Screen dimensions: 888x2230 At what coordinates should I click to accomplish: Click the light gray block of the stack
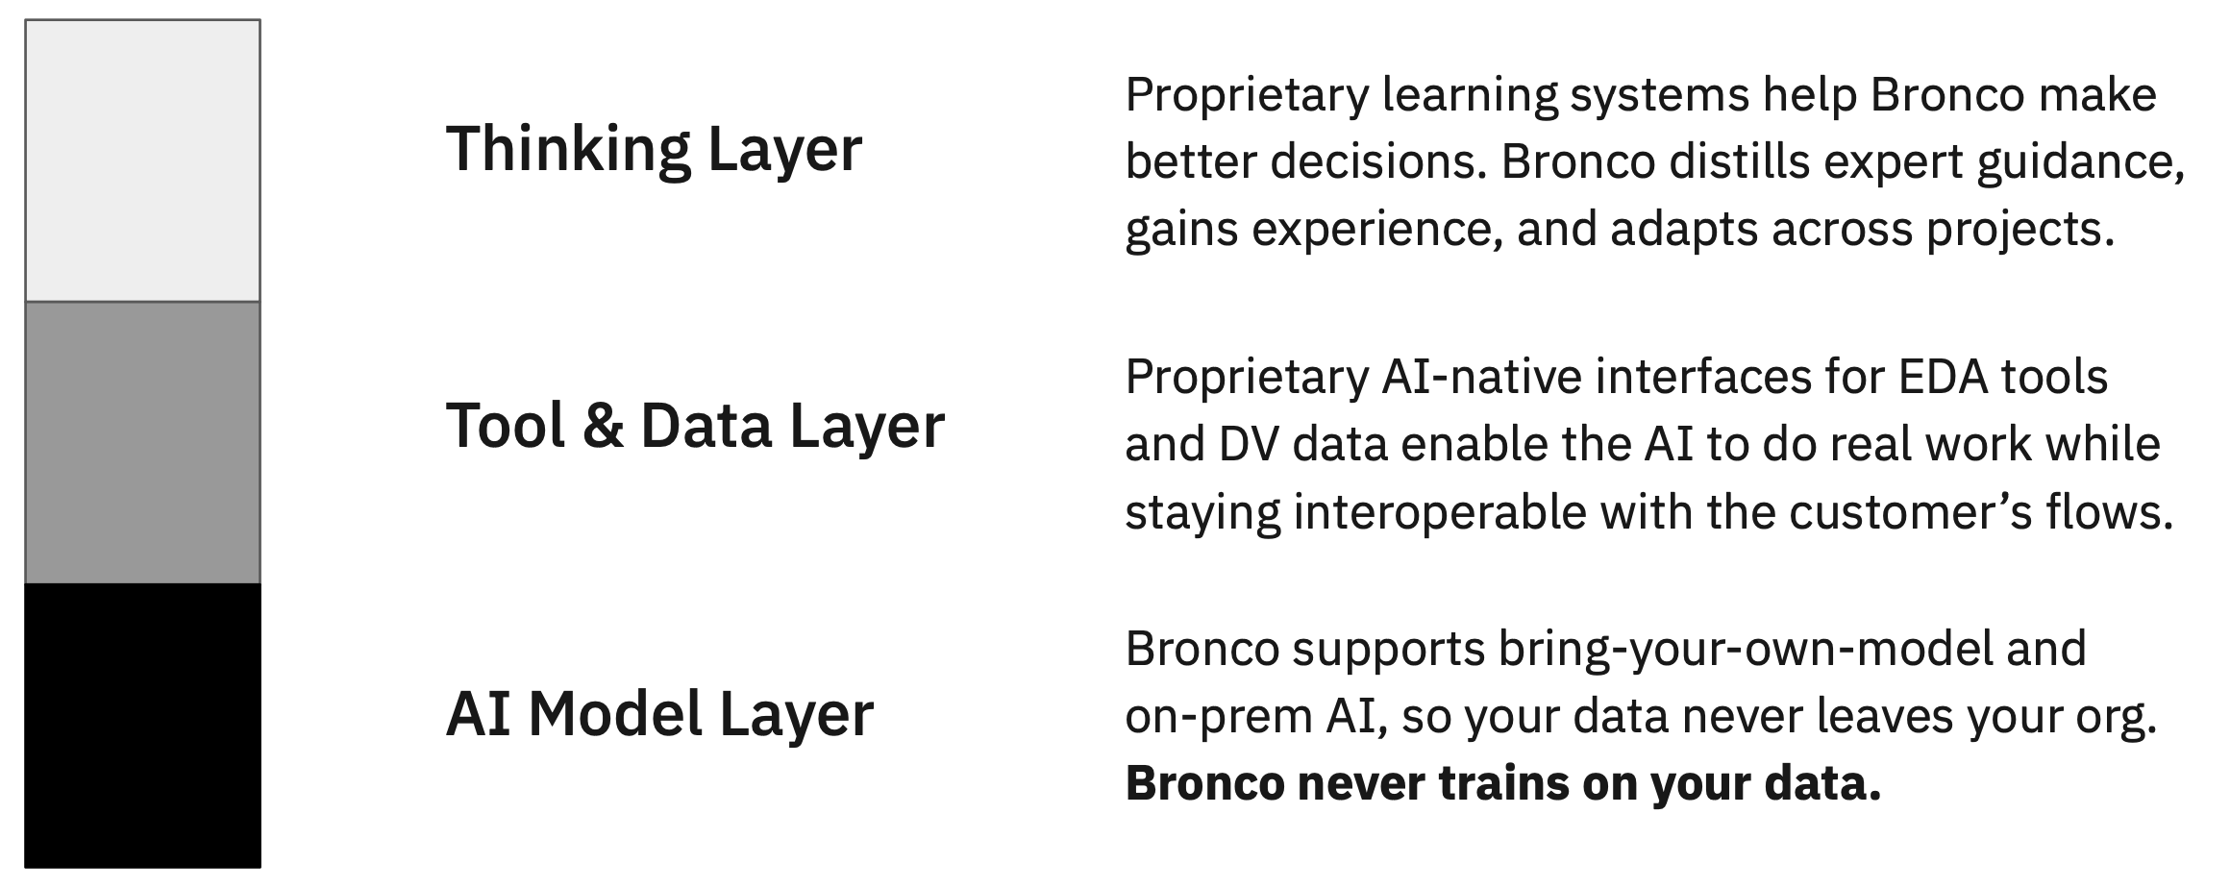click(142, 160)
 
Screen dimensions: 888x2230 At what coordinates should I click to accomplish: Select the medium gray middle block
click(142, 442)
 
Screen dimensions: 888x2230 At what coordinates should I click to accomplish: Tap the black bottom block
click(142, 726)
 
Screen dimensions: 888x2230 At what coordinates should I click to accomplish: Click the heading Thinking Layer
click(654, 149)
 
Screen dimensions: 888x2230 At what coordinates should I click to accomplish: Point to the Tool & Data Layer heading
click(695, 425)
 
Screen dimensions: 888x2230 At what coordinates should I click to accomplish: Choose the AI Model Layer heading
click(659, 714)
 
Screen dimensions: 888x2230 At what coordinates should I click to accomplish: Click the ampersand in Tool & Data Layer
click(603, 425)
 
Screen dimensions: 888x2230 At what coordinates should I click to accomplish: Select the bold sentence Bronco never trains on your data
click(1502, 783)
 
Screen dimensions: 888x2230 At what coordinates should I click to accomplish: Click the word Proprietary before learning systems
click(1247, 95)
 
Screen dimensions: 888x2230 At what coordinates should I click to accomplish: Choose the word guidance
click(2078, 162)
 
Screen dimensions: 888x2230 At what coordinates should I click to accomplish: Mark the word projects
click(2019, 230)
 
